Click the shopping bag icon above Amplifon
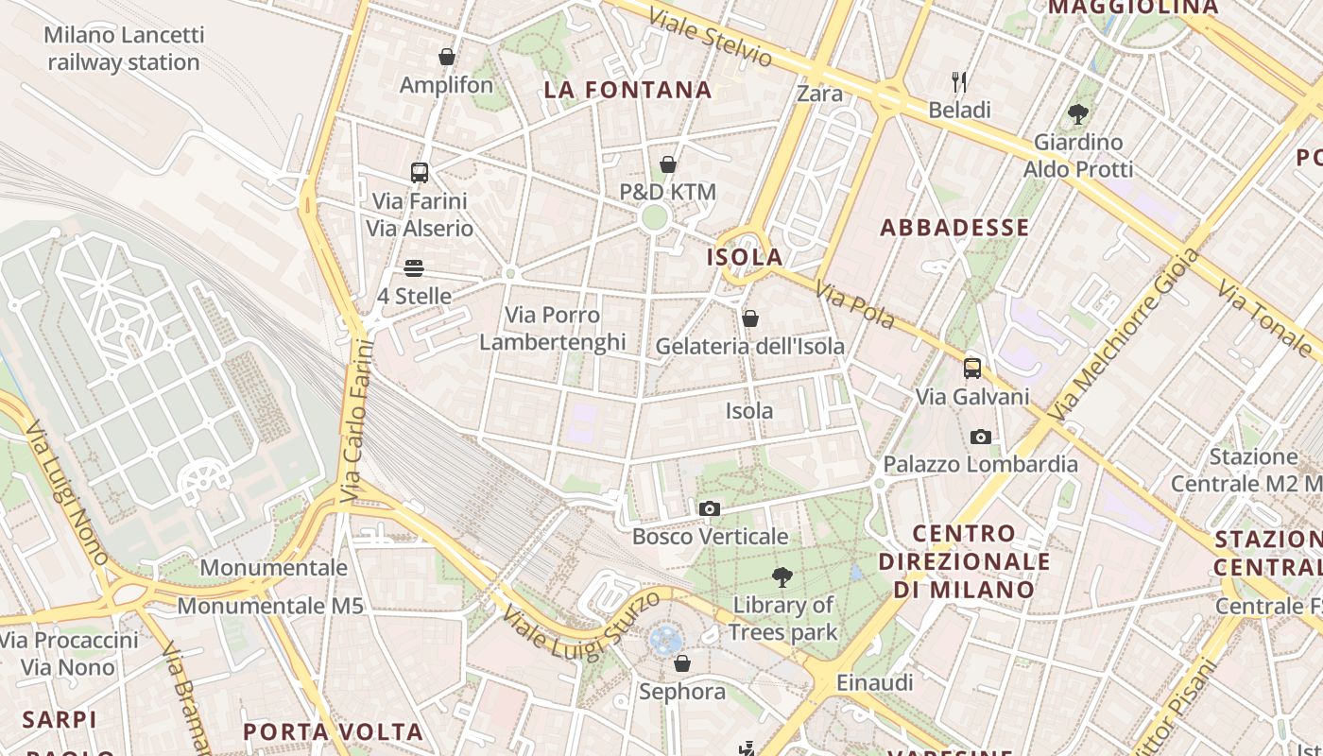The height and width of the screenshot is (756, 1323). (447, 58)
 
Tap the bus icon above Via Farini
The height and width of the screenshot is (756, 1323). (420, 173)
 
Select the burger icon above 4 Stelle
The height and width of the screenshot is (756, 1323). (414, 268)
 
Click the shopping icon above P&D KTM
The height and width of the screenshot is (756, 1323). (668, 165)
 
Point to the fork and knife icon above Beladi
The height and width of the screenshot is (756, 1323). (959, 82)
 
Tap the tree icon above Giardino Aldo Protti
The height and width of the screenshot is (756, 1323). (1077, 115)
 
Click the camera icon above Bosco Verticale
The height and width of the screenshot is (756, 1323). (709, 509)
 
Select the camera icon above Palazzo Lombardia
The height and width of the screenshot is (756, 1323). (981, 437)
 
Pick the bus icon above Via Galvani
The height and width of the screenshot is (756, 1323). (972, 369)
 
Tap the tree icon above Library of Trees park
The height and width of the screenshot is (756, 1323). (782, 576)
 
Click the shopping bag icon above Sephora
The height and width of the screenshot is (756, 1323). (682, 664)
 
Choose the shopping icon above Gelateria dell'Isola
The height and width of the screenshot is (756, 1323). (750, 318)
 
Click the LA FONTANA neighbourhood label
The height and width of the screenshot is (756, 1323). (627, 90)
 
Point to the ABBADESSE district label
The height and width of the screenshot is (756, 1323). (954, 228)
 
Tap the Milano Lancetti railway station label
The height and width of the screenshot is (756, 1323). (124, 49)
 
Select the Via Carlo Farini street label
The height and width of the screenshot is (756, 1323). (355, 421)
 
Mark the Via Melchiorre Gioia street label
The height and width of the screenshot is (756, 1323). (1124, 335)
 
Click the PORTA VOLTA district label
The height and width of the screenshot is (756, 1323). (333, 732)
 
